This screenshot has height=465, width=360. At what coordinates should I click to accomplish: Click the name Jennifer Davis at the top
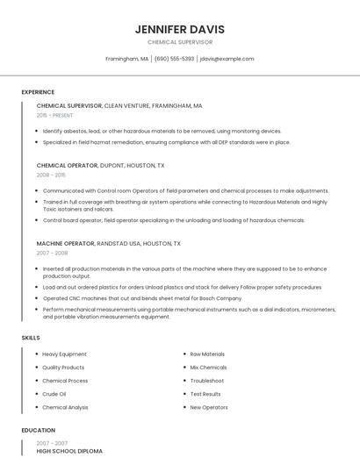pyautogui.click(x=179, y=29)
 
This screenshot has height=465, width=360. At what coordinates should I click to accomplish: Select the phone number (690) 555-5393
pyautogui.click(x=174, y=59)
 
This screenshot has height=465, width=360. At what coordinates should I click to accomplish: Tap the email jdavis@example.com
pyautogui.click(x=227, y=59)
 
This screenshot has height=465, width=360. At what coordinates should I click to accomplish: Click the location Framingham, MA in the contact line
pyautogui.click(x=127, y=59)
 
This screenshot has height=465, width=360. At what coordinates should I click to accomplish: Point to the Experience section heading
pyautogui.click(x=38, y=92)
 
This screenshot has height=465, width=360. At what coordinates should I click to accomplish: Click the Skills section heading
pyautogui.click(x=31, y=338)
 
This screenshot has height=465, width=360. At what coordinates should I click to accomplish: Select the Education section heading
pyautogui.click(x=38, y=431)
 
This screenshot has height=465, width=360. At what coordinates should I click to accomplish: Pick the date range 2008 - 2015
pyautogui.click(x=51, y=175)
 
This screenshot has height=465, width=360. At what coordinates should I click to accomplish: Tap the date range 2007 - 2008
pyautogui.click(x=51, y=253)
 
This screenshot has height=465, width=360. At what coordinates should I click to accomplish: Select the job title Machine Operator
pyautogui.click(x=65, y=243)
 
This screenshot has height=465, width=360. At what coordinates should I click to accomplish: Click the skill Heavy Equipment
pyautogui.click(x=64, y=354)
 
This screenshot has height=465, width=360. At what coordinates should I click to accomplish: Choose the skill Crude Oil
pyautogui.click(x=54, y=394)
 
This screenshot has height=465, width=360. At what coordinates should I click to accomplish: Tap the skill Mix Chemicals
pyautogui.click(x=208, y=368)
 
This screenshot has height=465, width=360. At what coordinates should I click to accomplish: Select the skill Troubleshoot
pyautogui.click(x=207, y=381)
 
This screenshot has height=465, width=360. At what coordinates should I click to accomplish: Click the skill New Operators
pyautogui.click(x=209, y=407)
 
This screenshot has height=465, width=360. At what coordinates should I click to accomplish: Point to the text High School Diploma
pyautogui.click(x=69, y=451)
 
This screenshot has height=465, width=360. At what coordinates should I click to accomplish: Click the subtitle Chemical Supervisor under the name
pyautogui.click(x=179, y=42)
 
